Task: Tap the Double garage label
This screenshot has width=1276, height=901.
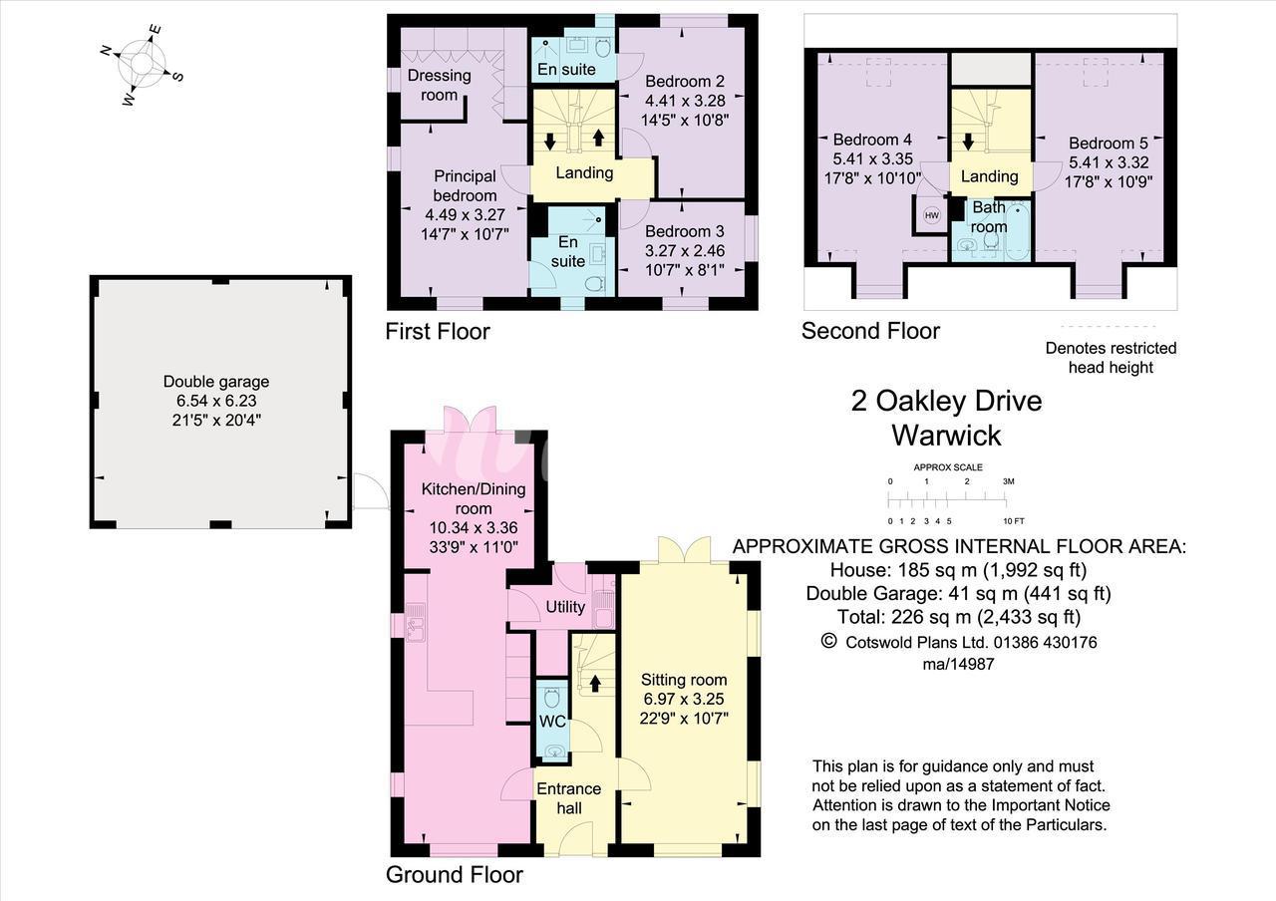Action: coord(216,381)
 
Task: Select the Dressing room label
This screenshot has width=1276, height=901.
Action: coord(440,85)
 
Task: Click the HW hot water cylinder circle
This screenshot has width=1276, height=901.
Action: coord(931,215)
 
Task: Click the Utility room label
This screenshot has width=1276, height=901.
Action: coord(565,607)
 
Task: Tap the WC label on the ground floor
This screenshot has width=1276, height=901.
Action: coord(552,722)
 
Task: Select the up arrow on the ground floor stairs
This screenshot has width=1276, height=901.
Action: coord(595,683)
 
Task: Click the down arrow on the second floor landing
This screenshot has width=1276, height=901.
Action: coord(968,142)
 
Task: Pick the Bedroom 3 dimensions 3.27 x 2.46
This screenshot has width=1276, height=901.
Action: coord(685,250)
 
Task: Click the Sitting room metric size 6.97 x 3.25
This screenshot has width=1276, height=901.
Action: coord(684,699)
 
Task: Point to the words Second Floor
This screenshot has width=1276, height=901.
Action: coord(870,331)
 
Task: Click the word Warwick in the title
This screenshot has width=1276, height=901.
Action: coord(946,436)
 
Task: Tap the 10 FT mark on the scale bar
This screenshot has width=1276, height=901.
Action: coord(1014,521)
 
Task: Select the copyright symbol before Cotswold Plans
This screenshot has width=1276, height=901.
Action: coord(828,641)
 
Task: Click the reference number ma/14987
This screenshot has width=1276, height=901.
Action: coord(959,664)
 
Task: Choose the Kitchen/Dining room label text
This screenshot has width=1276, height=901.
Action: coord(474,498)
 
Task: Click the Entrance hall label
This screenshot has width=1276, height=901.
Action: coord(568,798)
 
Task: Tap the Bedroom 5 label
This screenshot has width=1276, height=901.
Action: coord(1109,143)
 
